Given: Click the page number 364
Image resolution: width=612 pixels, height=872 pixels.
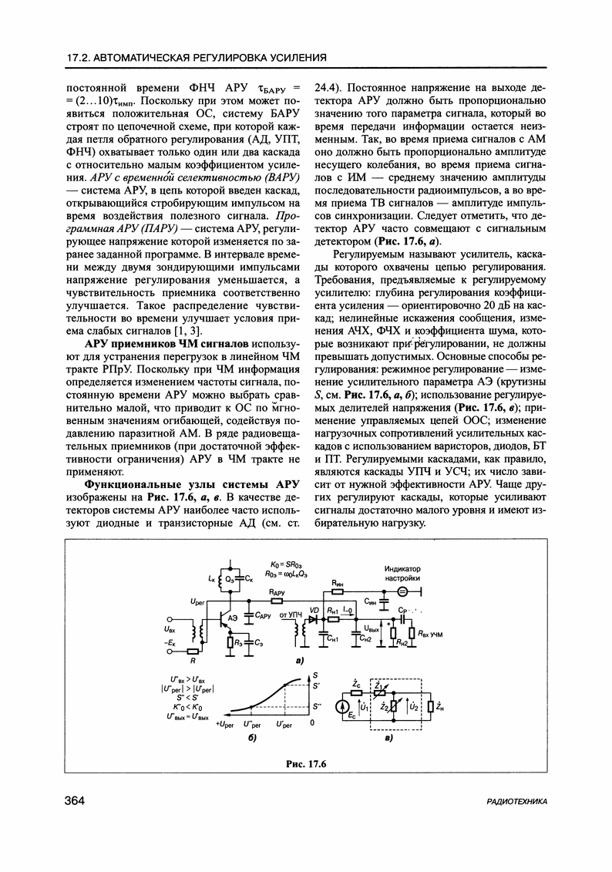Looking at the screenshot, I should (75, 801).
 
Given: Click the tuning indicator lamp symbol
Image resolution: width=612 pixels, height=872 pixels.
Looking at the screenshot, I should (402, 593).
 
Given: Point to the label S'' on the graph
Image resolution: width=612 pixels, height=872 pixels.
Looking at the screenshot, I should (317, 706).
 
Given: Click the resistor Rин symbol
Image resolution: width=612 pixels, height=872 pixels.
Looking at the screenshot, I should (337, 592).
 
